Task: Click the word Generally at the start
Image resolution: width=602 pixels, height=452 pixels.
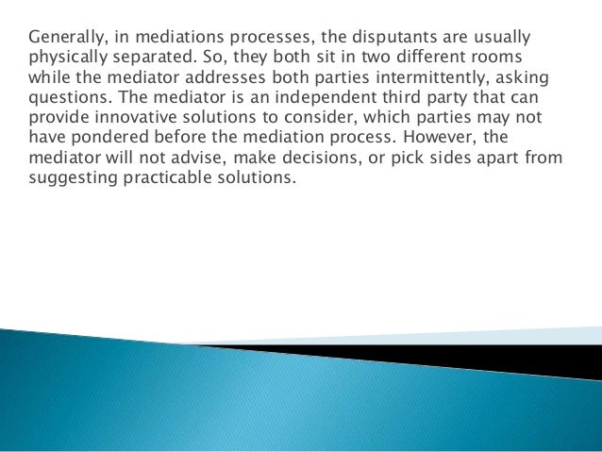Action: coord(64,39)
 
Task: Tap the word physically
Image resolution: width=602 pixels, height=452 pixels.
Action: coord(66,59)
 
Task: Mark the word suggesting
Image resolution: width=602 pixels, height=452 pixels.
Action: coord(72,177)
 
